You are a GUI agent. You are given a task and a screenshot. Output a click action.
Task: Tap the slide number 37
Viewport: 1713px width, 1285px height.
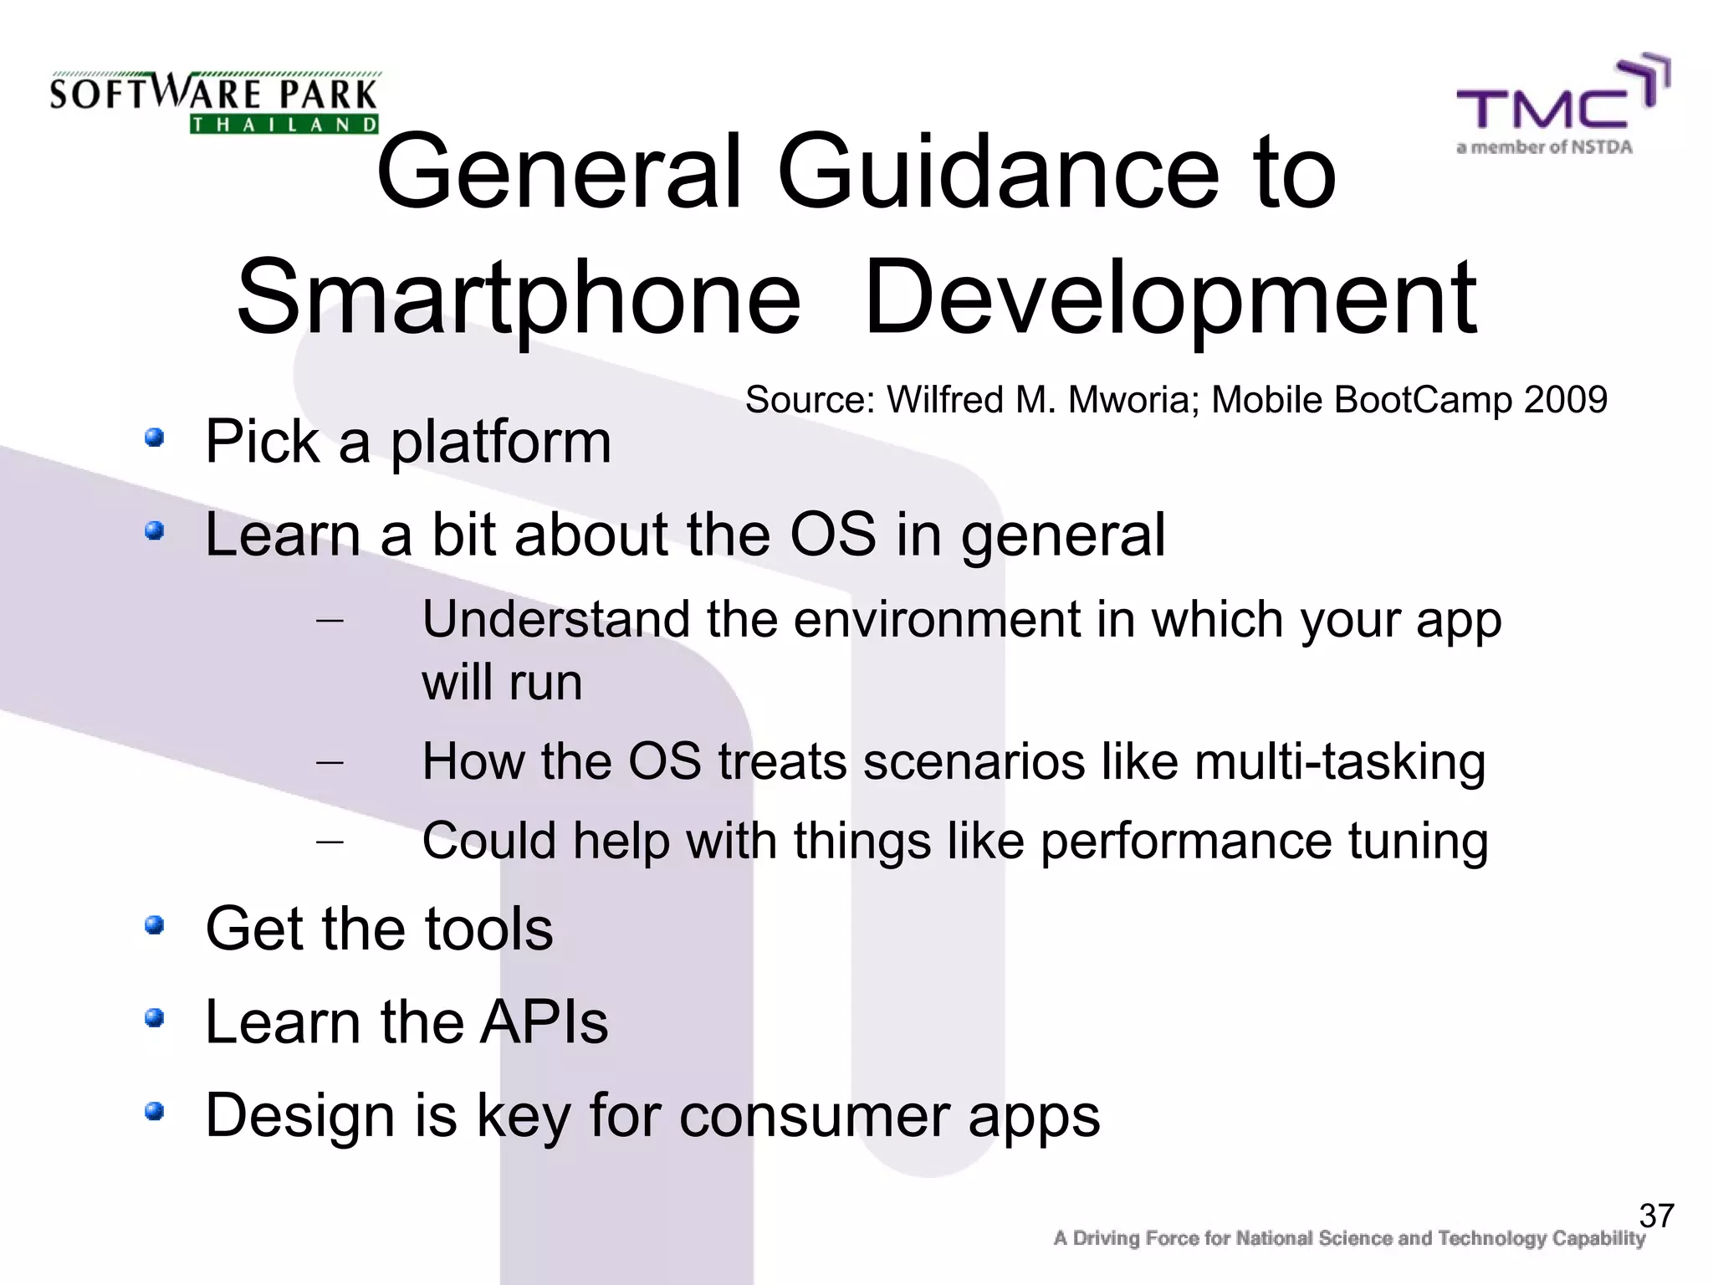tap(1656, 1216)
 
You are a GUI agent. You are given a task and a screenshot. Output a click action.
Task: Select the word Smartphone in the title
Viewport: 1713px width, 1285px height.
tap(518, 299)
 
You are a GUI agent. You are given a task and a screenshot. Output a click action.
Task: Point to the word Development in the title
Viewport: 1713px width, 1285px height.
tap(1170, 299)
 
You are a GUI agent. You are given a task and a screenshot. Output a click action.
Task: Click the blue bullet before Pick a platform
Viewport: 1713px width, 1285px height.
tap(153, 438)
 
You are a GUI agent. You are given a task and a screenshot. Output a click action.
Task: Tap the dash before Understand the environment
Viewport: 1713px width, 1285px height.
tap(330, 621)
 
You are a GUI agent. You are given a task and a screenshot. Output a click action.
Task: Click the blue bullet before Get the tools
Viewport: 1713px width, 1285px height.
tap(153, 925)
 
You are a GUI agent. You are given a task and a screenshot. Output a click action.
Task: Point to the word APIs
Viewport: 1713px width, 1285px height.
tap(544, 1022)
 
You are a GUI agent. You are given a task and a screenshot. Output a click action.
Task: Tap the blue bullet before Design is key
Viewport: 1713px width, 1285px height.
tap(153, 1112)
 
